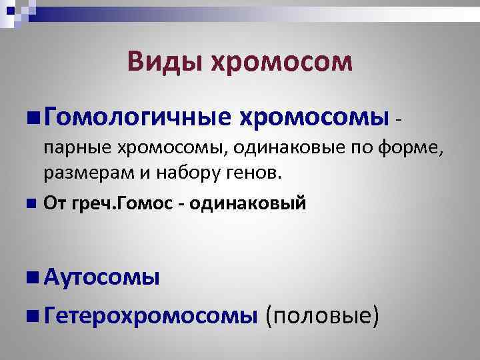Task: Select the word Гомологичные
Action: (137, 117)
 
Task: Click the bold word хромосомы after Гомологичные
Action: (313, 117)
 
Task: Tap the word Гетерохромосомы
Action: (151, 312)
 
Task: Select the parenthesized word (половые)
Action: (323, 312)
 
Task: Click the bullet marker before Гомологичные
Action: (33, 119)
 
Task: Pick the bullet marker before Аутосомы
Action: (33, 275)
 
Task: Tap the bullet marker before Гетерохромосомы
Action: (33, 313)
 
